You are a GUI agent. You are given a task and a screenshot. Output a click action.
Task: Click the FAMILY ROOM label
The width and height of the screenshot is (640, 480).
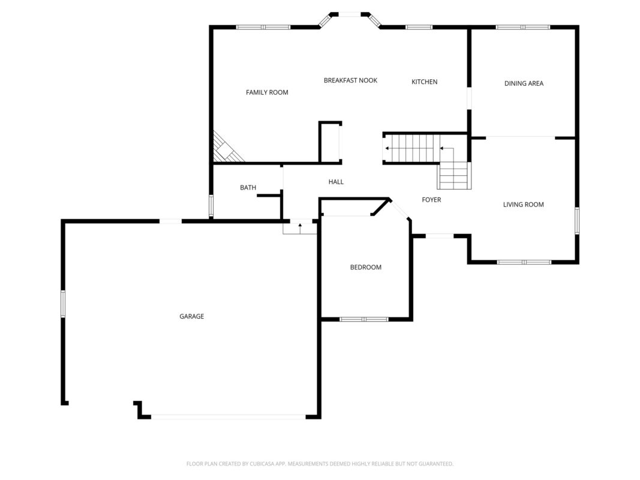267,92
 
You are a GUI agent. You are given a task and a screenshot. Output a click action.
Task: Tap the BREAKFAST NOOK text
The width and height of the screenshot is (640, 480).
351,80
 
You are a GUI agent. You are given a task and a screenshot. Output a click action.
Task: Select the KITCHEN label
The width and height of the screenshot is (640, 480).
425,82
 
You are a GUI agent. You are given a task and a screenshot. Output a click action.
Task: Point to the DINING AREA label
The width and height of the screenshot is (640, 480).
524,83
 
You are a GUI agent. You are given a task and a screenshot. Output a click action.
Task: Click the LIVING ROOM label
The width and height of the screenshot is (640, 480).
523,205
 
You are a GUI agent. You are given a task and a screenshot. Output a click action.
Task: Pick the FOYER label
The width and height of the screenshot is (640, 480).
431,200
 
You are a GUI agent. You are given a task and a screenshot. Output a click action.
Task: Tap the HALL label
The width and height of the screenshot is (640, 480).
336,182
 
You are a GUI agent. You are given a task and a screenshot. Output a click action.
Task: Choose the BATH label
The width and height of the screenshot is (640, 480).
248,188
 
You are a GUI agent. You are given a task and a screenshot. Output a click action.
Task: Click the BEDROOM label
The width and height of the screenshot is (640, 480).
366,268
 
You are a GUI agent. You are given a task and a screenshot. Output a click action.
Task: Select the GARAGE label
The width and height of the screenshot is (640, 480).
192,316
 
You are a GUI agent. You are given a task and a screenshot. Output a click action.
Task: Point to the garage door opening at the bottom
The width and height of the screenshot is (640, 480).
229,417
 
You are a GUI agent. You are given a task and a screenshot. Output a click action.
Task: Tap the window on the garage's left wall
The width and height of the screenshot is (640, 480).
63,304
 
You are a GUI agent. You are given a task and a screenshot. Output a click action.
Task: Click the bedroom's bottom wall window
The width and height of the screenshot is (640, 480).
364,319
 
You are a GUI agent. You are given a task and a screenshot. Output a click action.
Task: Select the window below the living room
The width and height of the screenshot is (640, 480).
524,262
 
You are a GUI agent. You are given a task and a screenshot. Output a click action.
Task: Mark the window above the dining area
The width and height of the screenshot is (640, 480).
523,28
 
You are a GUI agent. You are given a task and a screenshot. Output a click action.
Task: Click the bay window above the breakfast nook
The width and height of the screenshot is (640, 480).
350,17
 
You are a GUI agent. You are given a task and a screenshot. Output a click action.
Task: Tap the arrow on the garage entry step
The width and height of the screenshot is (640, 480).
300,228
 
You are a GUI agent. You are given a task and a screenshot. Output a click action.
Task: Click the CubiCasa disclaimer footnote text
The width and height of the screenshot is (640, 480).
320,464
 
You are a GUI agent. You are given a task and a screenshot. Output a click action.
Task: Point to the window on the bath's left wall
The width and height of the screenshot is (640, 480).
211,206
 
